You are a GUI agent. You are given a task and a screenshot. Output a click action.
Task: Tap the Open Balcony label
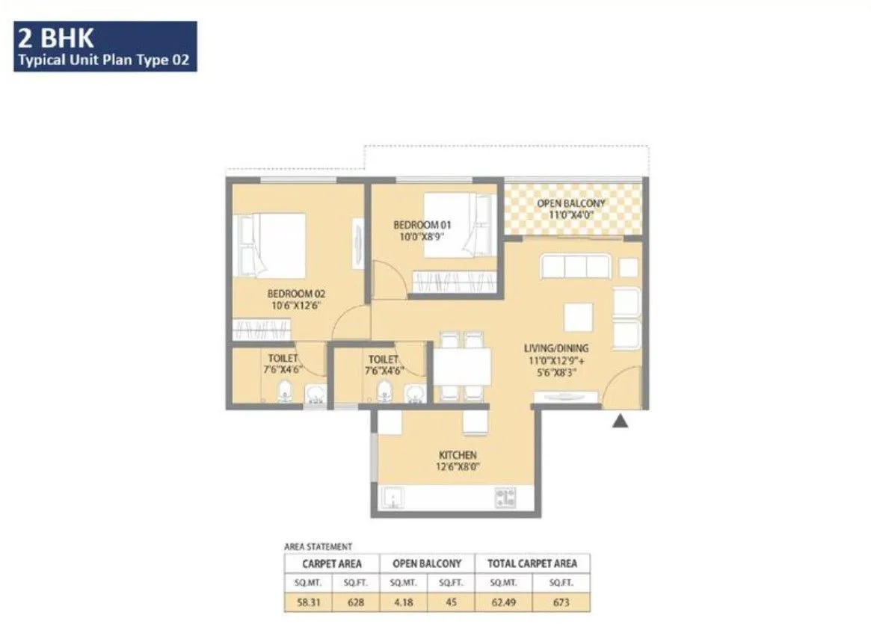tap(571, 203)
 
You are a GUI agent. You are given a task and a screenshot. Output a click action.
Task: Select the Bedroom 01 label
tap(422, 224)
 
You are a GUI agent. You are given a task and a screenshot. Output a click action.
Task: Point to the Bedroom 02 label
tap(296, 294)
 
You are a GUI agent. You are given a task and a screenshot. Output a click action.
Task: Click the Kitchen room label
tap(458, 455)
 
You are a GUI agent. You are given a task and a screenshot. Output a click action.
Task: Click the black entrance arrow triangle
tap(619, 421)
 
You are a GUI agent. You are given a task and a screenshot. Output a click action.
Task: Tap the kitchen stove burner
tap(506, 498)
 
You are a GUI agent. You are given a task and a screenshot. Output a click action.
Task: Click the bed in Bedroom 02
tap(271, 244)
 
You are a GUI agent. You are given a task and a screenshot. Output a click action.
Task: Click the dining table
tap(463, 366)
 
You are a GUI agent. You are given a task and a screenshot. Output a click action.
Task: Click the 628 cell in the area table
tap(354, 602)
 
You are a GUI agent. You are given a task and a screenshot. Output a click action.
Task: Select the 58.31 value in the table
tap(307, 602)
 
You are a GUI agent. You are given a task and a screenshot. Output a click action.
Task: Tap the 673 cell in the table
tap(561, 602)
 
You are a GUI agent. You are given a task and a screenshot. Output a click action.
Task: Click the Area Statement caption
tap(318, 547)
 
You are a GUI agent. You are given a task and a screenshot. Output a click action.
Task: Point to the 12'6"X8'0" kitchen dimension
tap(458, 467)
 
